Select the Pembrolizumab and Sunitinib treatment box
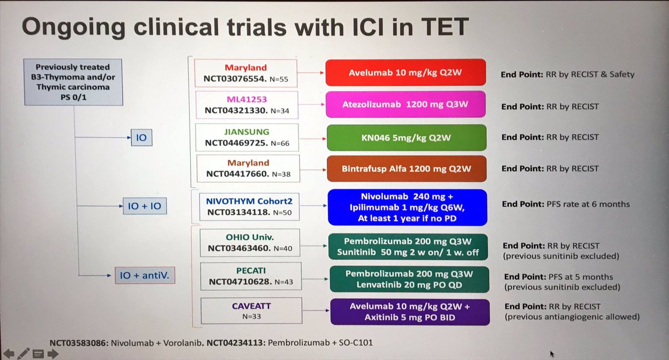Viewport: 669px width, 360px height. click(x=408, y=246)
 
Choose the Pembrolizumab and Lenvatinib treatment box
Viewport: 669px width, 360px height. click(x=409, y=279)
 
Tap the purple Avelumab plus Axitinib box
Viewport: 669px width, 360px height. click(x=410, y=312)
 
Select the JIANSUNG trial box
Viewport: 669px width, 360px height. click(x=247, y=137)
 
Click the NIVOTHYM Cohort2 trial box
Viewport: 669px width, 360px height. click(x=247, y=204)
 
